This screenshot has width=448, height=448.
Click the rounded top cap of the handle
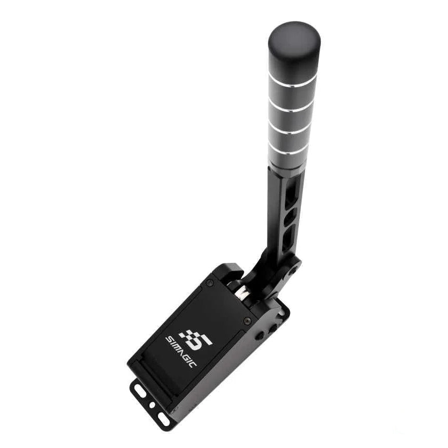click(294, 49)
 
